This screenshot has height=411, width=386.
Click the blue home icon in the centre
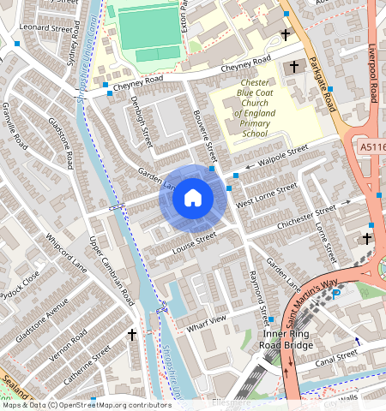point(193,199)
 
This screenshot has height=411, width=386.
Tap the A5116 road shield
point(372,148)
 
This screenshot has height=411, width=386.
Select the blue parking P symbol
point(336,294)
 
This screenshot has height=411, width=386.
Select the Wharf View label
point(206,322)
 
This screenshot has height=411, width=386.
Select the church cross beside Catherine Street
point(132,334)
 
